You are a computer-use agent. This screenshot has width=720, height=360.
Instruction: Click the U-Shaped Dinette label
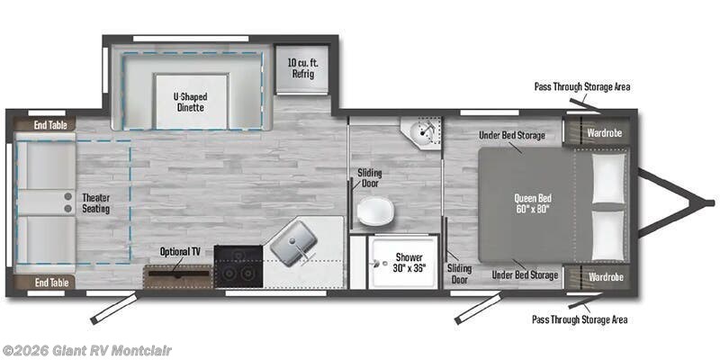[189, 101]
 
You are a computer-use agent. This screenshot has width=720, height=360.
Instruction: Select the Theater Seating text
[95, 203]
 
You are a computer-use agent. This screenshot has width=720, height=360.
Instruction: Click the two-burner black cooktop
[238, 265]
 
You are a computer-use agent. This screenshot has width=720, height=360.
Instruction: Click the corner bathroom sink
[422, 134]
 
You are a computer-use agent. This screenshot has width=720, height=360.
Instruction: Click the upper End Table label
[50, 125]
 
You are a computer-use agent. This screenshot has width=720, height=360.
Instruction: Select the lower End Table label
[50, 282]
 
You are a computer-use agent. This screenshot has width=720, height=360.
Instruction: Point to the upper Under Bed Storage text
[512, 135]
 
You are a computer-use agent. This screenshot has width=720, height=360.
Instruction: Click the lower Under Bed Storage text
[526, 274]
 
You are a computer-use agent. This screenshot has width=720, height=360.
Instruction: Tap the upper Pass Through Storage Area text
[581, 87]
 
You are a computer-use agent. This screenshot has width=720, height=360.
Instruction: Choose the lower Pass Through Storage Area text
[580, 319]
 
